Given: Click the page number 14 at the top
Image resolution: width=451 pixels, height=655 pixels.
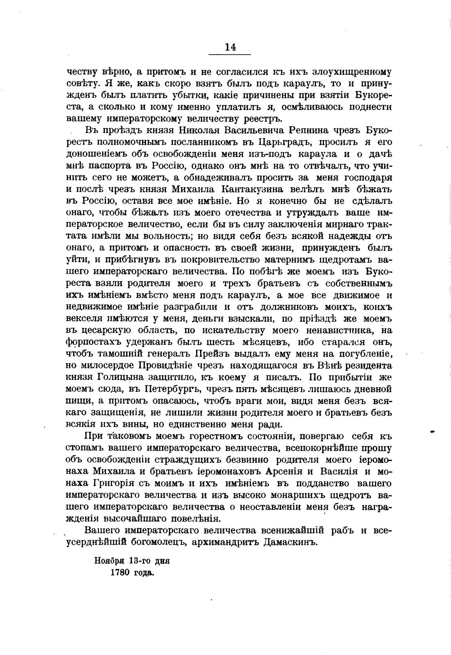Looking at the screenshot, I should point(230,47).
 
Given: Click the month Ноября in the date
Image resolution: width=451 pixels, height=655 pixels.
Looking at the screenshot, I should point(109,560).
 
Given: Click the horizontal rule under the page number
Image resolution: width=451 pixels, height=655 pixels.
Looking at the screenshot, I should point(230,54).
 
